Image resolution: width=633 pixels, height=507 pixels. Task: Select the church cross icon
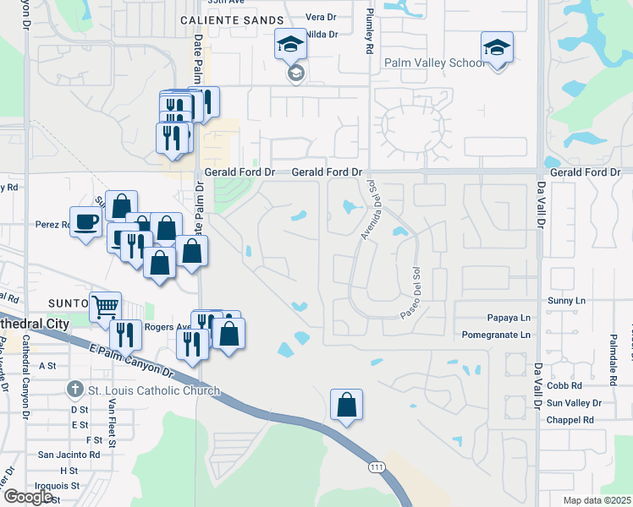[x=75, y=390]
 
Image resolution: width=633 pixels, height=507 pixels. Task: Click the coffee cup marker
[x=85, y=222]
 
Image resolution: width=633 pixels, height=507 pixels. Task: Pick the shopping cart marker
[x=106, y=308]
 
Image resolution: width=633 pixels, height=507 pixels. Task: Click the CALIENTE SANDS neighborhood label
[x=231, y=19]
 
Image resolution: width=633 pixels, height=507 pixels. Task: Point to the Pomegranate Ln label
[x=497, y=335]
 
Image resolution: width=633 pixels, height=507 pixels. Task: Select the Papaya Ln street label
[x=509, y=318]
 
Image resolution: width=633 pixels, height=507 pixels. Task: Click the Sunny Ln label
[x=566, y=300]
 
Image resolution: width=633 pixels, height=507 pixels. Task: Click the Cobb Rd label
[x=564, y=385]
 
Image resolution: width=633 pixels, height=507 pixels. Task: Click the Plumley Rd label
[x=369, y=34]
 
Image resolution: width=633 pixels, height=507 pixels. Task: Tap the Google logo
[x=27, y=497]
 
